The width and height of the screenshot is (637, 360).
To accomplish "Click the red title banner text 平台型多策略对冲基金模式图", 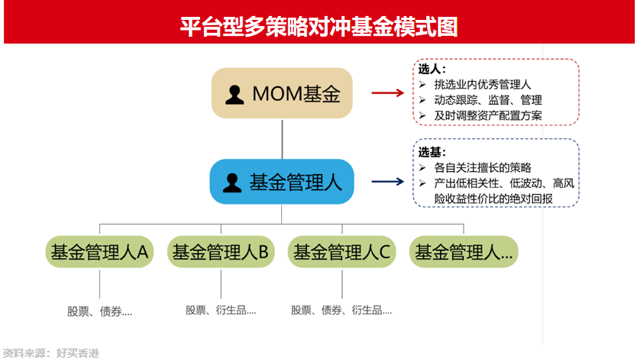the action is coord(319,27).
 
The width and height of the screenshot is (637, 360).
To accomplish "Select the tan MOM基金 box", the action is coord(282,93).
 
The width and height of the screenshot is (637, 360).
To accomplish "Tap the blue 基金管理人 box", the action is coord(282,181).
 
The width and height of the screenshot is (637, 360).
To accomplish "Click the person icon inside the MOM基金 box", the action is coord(234,94).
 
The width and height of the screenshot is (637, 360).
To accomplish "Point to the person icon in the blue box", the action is coord(232,183).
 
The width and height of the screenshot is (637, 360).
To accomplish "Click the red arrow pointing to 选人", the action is coord(388,93).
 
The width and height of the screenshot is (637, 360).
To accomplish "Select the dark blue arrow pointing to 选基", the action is coord(388,181).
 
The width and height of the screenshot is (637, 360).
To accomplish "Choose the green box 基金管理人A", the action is coord(100,252).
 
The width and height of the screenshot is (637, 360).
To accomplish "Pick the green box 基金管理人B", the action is coord(221,252).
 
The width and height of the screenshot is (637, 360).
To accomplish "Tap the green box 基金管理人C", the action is coord(342,252).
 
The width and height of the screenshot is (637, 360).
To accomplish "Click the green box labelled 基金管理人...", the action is coord(464,252).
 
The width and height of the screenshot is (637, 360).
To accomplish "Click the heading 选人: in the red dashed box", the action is coord(432,69).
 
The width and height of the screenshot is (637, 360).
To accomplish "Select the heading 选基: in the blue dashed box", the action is coord(432,153).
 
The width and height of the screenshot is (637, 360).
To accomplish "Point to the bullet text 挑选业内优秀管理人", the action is coord(482,85).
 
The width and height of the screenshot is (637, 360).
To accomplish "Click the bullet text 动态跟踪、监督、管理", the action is coord(488,100).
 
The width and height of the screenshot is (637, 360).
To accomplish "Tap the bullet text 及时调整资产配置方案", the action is coord(488,115).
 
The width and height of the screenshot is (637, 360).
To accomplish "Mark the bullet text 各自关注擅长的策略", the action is coord(483,167).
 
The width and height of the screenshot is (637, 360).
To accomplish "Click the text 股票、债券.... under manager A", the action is coord(100,311).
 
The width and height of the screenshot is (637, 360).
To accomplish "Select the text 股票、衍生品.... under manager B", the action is coord(220,311).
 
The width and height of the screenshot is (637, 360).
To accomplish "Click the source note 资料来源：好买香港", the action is coord(51,353).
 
